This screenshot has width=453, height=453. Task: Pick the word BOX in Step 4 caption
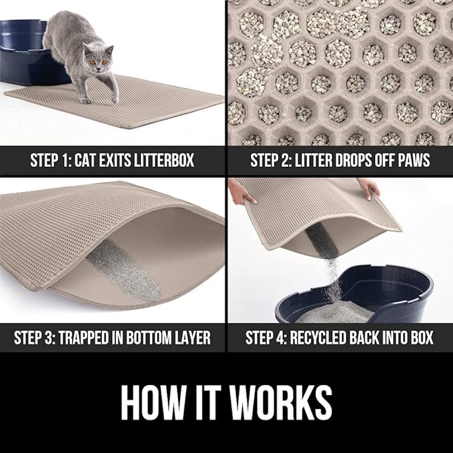418,337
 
